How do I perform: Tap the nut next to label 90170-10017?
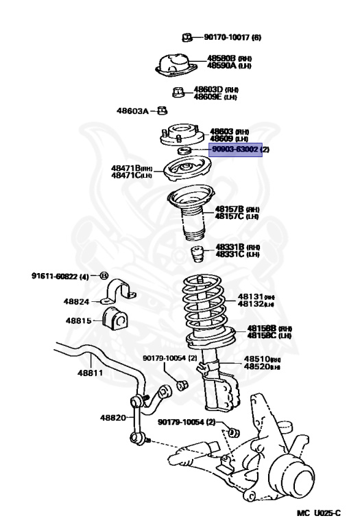point(186,37)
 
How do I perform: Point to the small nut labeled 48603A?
point(163,110)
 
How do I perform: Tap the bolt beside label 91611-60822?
point(104,276)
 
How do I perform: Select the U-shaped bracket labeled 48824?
point(119,293)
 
